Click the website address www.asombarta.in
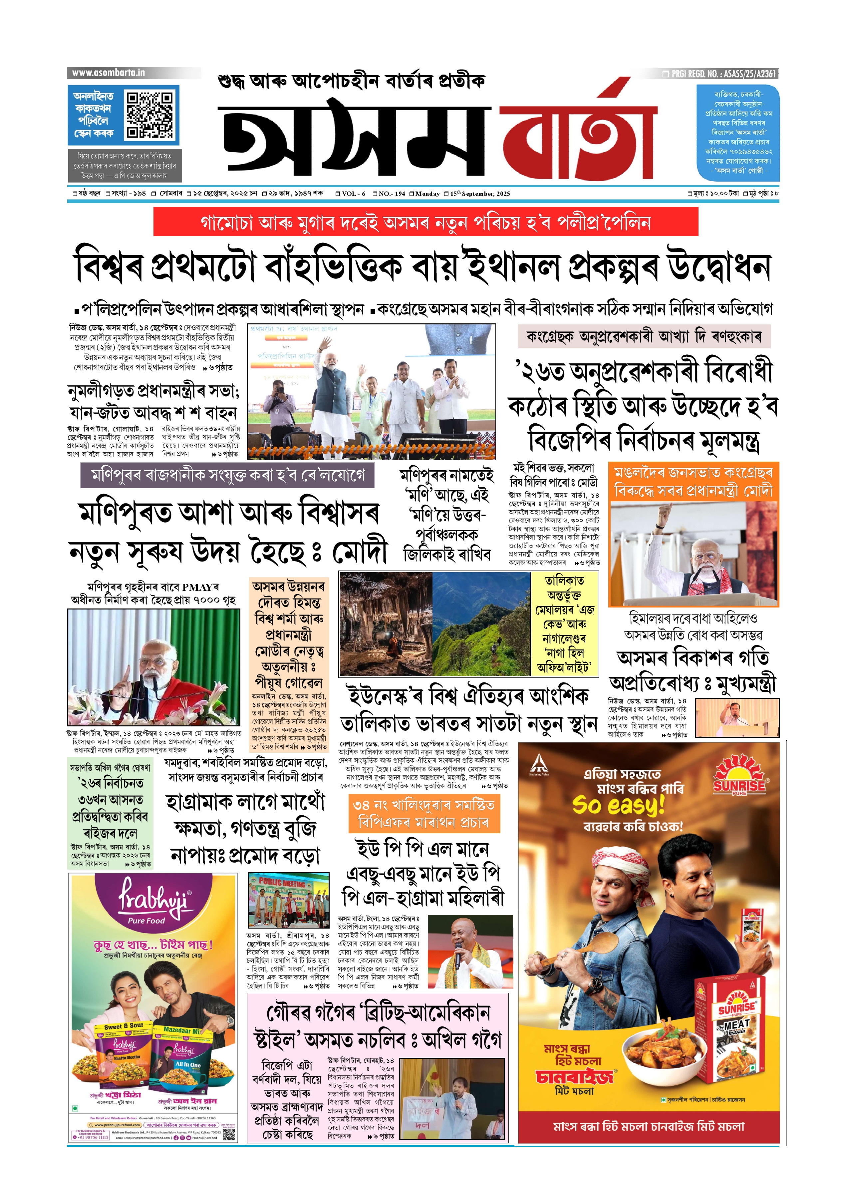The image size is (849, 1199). point(108,73)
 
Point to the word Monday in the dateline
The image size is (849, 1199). point(427,194)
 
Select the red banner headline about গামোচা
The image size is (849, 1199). point(425,222)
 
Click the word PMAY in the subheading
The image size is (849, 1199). point(196,587)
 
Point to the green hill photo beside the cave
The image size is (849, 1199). point(481,624)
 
